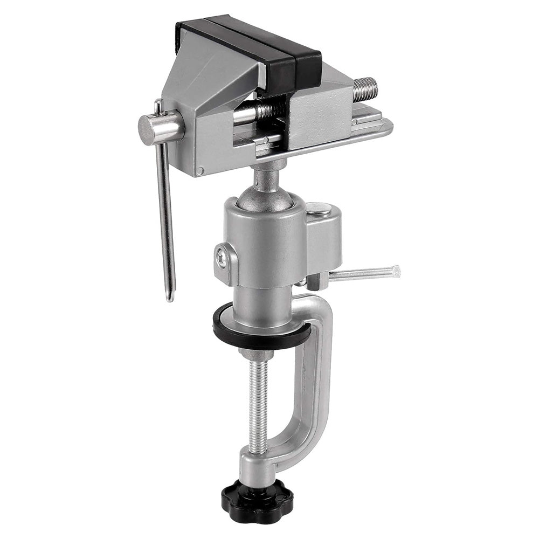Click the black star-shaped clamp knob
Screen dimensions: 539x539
(257, 495)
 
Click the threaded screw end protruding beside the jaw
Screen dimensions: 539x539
(365, 89)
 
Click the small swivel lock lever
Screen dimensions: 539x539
(361, 274)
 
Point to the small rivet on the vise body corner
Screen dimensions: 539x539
(201, 171)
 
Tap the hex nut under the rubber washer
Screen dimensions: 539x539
(258, 355)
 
